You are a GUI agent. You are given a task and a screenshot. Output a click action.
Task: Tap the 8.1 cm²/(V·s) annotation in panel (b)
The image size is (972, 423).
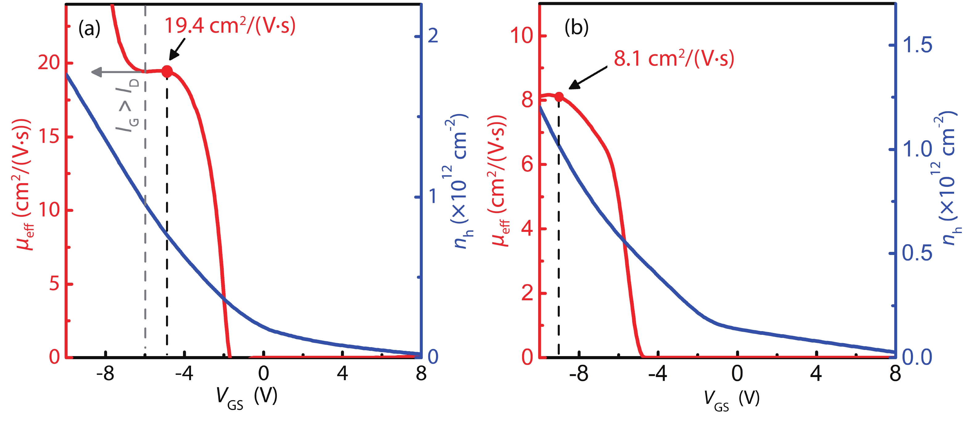tap(674, 59)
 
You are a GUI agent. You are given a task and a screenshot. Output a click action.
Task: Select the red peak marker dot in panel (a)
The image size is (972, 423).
tap(167, 71)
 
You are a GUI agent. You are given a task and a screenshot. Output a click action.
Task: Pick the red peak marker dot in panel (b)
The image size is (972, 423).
tap(559, 97)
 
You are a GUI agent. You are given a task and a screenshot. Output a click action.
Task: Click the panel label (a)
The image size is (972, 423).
tap(89, 29)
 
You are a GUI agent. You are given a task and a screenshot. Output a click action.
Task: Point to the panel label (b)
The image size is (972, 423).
tap(576, 27)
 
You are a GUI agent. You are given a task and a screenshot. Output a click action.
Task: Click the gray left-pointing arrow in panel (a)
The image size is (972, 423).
tap(117, 72)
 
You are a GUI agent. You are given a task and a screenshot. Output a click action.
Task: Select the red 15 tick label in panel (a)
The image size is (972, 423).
tap(49, 137)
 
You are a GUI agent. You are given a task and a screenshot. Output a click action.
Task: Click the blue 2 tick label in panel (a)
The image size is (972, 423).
tap(433, 36)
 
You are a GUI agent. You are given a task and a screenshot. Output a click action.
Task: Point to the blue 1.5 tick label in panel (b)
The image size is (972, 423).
tap(917, 45)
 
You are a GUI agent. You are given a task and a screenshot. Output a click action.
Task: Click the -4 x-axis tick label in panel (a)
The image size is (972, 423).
tap(184, 374)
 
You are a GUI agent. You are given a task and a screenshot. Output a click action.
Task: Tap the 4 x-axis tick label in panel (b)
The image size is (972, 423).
tap(816, 374)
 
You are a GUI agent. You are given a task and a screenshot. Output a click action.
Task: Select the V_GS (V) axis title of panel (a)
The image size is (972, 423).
tap(247, 398)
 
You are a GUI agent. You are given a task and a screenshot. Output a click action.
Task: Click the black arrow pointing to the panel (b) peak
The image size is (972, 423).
tap(588, 78)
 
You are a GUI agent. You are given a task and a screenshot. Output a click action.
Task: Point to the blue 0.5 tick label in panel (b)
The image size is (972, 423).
tap(917, 253)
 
